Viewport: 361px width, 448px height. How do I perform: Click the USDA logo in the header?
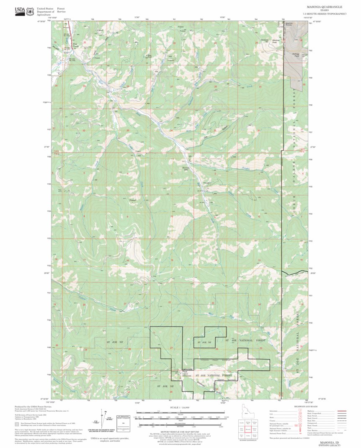(x=20, y=11)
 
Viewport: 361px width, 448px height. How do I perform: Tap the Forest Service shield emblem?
(x=30, y=11)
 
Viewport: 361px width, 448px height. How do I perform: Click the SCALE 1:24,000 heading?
(x=180, y=407)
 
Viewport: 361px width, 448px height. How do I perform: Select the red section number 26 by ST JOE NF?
(x=217, y=348)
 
